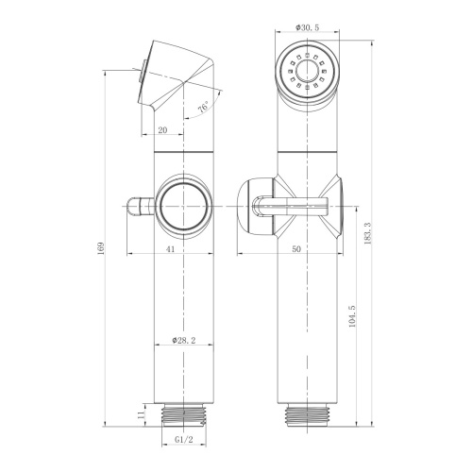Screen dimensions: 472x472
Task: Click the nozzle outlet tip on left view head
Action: (x=141, y=75)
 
